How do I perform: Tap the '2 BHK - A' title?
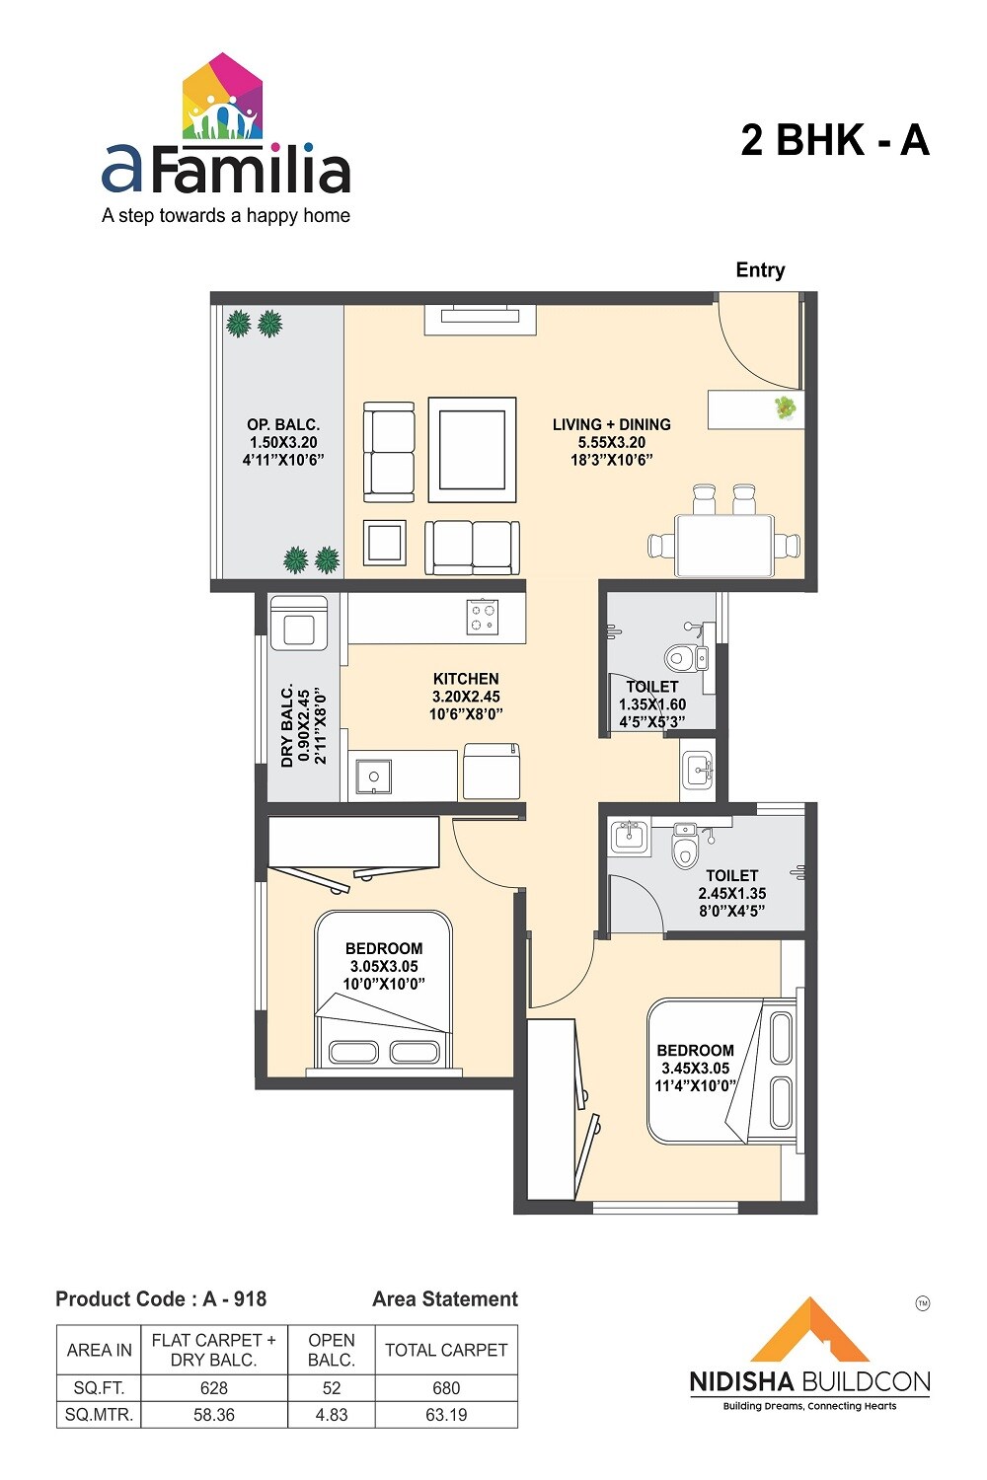835,140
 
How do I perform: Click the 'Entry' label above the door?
760,270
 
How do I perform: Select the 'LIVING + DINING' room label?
611,425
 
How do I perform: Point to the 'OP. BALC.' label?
283,425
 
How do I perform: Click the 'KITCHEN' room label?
466,679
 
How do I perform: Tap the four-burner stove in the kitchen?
483,618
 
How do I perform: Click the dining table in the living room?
723,545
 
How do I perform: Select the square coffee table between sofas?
472,450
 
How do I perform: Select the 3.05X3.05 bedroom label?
384,966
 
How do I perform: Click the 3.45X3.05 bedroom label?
695,1069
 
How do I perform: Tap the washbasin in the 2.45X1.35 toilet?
628,838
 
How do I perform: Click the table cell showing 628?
213,1388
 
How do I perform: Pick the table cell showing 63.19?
446,1415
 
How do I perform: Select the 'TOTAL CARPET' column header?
446,1350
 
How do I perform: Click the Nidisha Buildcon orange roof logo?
809,1332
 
